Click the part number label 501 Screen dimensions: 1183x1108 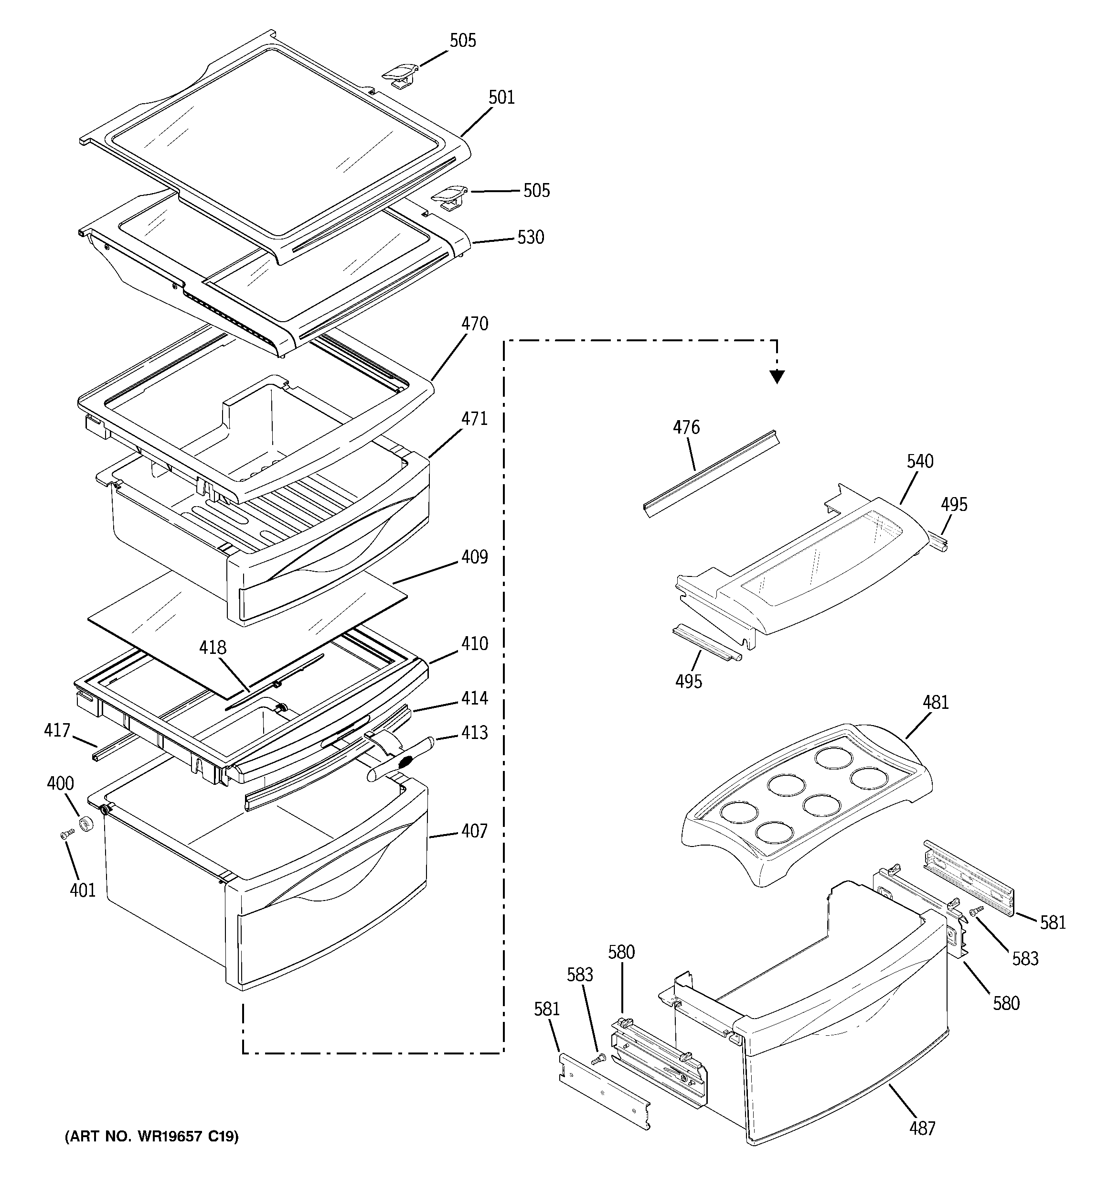[x=501, y=98]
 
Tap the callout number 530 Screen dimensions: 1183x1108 [x=531, y=238]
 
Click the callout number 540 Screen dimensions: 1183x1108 [x=920, y=461]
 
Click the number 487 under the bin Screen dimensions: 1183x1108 [x=922, y=1128]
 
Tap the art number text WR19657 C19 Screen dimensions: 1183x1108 [x=152, y=1137]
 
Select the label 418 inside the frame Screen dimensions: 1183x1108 [x=213, y=648]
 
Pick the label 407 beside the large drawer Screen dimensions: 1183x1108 [x=474, y=831]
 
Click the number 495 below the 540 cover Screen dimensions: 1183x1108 [x=688, y=681]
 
